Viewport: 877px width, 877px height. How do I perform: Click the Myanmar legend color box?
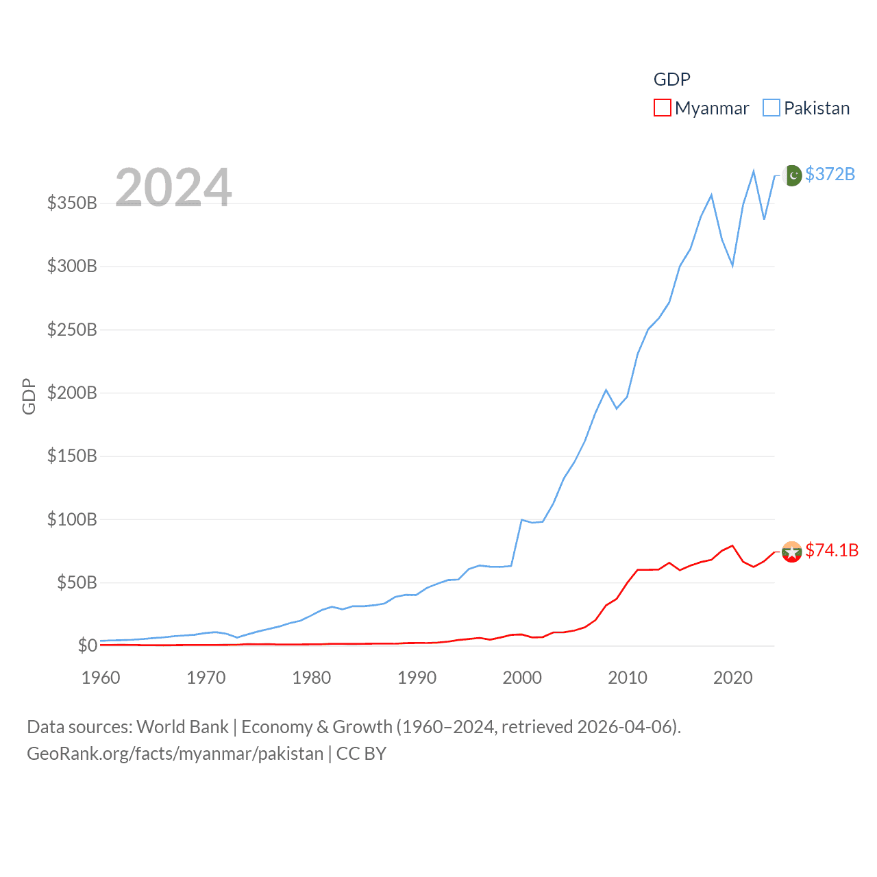662,108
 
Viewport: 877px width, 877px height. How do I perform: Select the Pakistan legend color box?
771,108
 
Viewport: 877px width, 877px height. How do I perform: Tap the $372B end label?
830,174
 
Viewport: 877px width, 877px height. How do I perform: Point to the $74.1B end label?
832,550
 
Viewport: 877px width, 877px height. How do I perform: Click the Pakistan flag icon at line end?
792,175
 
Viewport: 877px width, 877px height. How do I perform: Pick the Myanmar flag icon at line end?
792,552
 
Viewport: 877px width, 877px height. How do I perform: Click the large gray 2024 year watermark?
173,188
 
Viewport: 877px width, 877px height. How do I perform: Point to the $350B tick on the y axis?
72,203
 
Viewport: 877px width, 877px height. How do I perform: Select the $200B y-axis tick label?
72,393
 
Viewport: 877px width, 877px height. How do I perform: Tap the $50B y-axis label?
77,582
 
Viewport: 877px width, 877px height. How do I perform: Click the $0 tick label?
87,645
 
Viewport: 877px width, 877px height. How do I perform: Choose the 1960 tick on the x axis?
101,678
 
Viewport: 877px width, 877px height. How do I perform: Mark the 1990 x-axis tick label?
417,678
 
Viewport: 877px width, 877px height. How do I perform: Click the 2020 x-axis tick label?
732,678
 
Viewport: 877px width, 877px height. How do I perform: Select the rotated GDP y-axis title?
29,396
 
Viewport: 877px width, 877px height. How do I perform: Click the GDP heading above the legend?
671,79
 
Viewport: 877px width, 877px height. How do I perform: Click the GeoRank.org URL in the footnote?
175,754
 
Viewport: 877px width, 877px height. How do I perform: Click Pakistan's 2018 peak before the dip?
711,195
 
